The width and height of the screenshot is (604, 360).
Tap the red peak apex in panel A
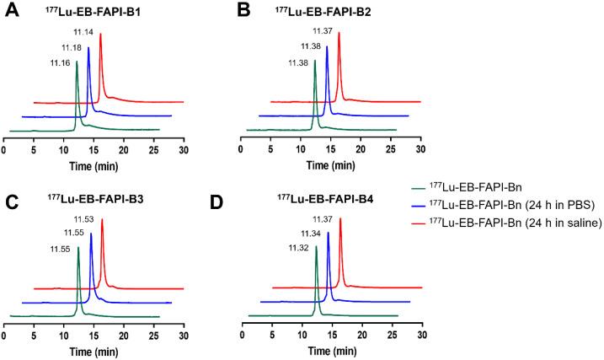click(100, 35)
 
